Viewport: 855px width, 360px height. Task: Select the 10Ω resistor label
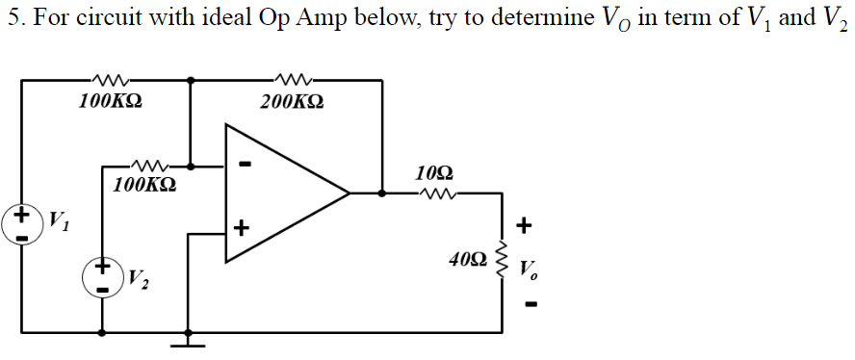tap(435, 174)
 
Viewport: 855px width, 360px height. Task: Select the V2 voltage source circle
tap(103, 279)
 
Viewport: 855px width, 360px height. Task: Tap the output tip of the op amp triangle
tap(348, 193)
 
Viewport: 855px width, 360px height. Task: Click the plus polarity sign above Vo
tap(524, 226)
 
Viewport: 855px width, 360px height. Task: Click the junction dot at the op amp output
tap(382, 193)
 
